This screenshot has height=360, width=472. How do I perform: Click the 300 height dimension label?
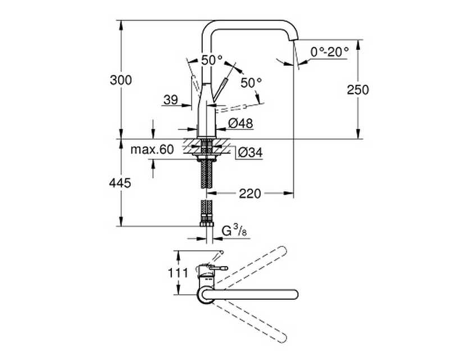(121, 80)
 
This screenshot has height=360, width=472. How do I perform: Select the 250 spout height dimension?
(357, 90)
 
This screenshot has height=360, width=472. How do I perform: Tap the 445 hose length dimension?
(120, 183)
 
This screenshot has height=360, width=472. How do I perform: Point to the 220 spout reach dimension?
(250, 193)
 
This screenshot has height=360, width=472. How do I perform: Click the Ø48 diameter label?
(240, 123)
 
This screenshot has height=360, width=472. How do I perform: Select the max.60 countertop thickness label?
(152, 149)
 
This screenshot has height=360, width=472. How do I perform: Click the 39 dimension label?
(171, 100)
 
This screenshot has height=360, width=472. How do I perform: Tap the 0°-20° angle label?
(330, 52)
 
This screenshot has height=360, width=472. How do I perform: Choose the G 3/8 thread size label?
(234, 231)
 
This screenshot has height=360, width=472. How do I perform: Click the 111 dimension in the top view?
(178, 273)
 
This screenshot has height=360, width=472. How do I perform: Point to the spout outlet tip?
(294, 40)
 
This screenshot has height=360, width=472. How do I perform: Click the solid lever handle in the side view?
(219, 90)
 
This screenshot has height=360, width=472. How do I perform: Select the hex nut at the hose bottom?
(207, 224)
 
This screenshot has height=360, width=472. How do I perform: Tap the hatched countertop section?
(206, 146)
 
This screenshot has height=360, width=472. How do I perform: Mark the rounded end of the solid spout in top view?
(294, 294)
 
